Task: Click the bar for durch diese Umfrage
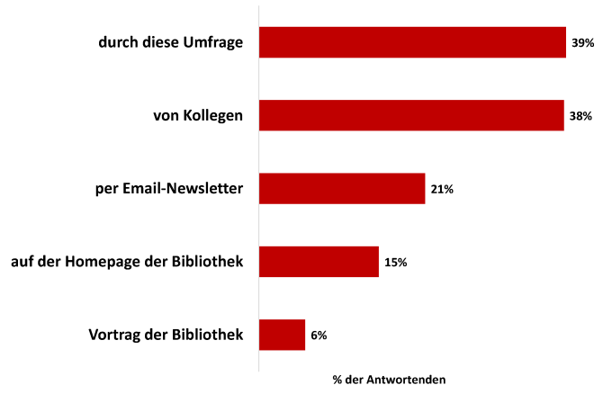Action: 412,42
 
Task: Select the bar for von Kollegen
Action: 411,115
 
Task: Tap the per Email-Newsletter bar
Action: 342,189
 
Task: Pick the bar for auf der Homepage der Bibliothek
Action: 319,262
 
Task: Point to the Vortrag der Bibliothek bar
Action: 282,335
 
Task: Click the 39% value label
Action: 582,42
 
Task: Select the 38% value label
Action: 580,116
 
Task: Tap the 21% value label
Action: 442,189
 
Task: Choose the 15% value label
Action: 396,263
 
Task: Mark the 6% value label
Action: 319,336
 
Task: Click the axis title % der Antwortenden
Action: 389,380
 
